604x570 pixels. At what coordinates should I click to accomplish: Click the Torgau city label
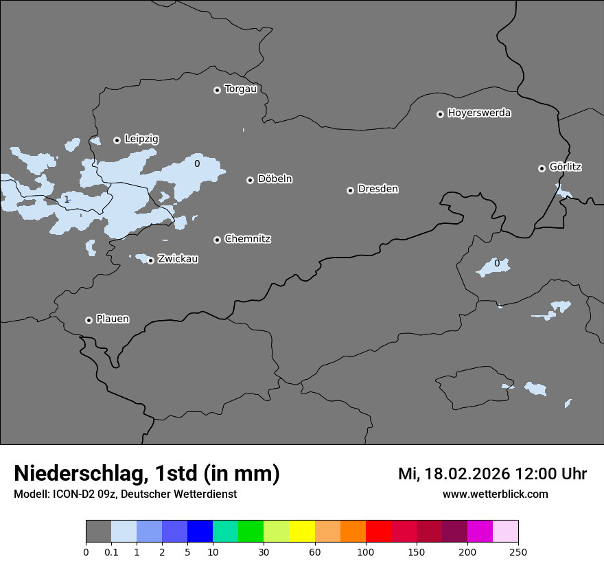pyautogui.click(x=241, y=89)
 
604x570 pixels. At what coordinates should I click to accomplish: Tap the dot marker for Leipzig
pyautogui.click(x=117, y=140)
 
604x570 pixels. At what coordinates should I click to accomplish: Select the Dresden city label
pyautogui.click(x=377, y=189)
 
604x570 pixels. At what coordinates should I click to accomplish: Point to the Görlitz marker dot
pyautogui.click(x=542, y=168)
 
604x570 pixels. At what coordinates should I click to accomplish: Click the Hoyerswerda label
pyautogui.click(x=479, y=113)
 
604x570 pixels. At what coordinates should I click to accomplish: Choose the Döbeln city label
pyautogui.click(x=275, y=179)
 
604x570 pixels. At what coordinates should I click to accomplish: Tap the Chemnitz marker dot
pyautogui.click(x=217, y=240)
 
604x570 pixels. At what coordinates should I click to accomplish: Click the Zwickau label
pyautogui.click(x=178, y=259)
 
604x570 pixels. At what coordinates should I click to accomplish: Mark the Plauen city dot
pyautogui.click(x=89, y=320)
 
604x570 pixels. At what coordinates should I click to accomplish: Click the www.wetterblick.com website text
pyautogui.click(x=495, y=494)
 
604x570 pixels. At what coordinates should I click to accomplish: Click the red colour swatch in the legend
pyautogui.click(x=378, y=532)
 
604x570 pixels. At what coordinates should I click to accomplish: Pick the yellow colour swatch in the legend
pyautogui.click(x=302, y=532)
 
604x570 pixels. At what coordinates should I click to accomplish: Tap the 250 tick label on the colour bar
pyautogui.click(x=518, y=551)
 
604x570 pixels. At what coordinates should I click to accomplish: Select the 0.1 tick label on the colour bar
pyautogui.click(x=111, y=551)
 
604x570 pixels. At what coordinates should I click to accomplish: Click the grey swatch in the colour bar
pyautogui.click(x=98, y=532)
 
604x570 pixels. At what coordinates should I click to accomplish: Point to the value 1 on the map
pyautogui.click(x=67, y=199)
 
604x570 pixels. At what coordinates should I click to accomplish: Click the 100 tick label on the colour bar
pyautogui.click(x=366, y=551)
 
